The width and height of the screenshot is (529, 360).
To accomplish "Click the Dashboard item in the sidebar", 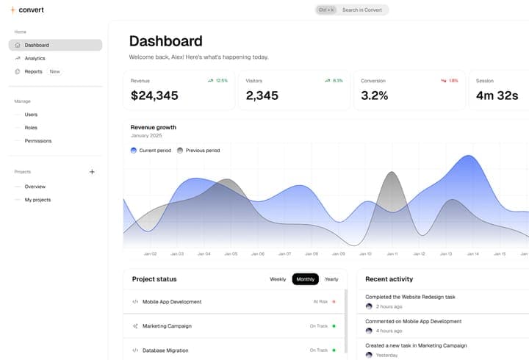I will point(37,45).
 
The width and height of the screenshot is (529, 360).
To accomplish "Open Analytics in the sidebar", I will point(35,58).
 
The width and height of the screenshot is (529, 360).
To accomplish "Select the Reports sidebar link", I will point(33,71).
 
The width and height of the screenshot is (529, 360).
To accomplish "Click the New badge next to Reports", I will point(55,71).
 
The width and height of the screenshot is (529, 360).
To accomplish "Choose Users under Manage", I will point(31,115).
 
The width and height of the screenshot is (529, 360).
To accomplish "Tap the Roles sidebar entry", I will point(31,128).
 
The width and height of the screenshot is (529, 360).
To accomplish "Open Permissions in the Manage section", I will point(38,141).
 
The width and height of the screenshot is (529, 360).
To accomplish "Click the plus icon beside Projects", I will point(92,172).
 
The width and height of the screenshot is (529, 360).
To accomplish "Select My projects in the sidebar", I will point(37,200).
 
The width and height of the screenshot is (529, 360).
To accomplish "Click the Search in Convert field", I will point(361,10).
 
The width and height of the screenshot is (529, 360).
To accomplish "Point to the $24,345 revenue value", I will point(154,96).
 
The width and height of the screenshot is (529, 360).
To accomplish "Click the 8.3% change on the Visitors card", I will point(337,81).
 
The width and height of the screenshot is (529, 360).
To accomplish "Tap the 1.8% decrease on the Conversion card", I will point(453,81).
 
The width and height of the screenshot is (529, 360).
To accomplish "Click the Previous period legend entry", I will point(202,151).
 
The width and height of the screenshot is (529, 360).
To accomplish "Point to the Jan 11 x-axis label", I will point(392,254).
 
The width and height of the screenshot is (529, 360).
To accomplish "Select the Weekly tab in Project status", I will point(278,279).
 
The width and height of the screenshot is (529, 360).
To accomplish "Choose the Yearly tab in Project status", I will point(331,279).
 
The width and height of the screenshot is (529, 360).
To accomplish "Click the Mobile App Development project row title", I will point(172,302).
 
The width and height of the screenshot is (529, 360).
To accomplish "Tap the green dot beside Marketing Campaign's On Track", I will point(334,326).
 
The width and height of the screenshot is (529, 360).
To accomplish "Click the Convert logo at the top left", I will point(26,10).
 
